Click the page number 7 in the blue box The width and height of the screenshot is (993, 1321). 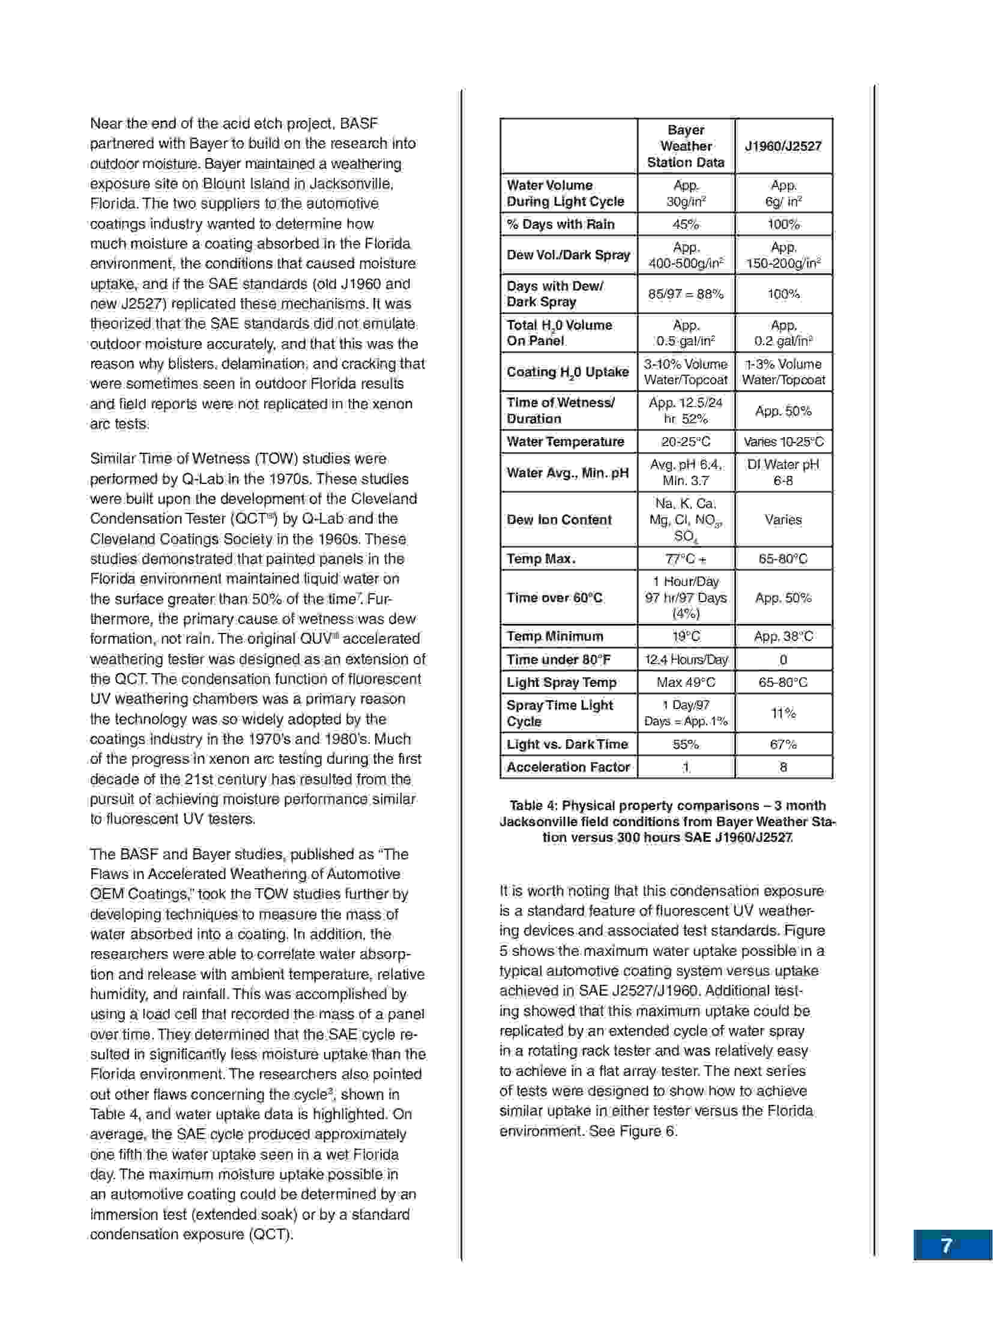pyautogui.click(x=946, y=1246)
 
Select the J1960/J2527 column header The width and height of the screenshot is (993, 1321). pyautogui.click(x=783, y=146)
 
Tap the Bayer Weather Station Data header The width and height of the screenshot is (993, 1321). pyautogui.click(x=686, y=146)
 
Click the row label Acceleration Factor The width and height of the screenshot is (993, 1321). pyautogui.click(x=568, y=767)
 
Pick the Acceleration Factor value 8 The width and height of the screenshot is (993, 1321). pyautogui.click(x=783, y=767)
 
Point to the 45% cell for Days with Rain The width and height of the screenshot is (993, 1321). pyautogui.click(x=686, y=224)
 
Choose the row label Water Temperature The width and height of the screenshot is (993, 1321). pyautogui.click(x=566, y=441)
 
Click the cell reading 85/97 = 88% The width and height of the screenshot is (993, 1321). pyautogui.click(x=686, y=294)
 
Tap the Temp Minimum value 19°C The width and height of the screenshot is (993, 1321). pyautogui.click(x=686, y=636)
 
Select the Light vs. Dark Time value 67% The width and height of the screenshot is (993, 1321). pyautogui.click(x=783, y=744)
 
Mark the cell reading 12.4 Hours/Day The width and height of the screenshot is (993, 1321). pyautogui.click(x=686, y=659)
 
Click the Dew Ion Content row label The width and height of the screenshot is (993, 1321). pyautogui.click(x=559, y=519)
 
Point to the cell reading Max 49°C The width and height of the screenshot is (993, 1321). pyautogui.click(x=686, y=682)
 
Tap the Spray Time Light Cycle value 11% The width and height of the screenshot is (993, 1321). pyautogui.click(x=783, y=713)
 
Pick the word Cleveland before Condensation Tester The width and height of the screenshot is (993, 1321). pyautogui.click(x=384, y=499)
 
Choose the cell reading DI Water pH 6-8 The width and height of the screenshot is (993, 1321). pyautogui.click(x=783, y=473)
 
